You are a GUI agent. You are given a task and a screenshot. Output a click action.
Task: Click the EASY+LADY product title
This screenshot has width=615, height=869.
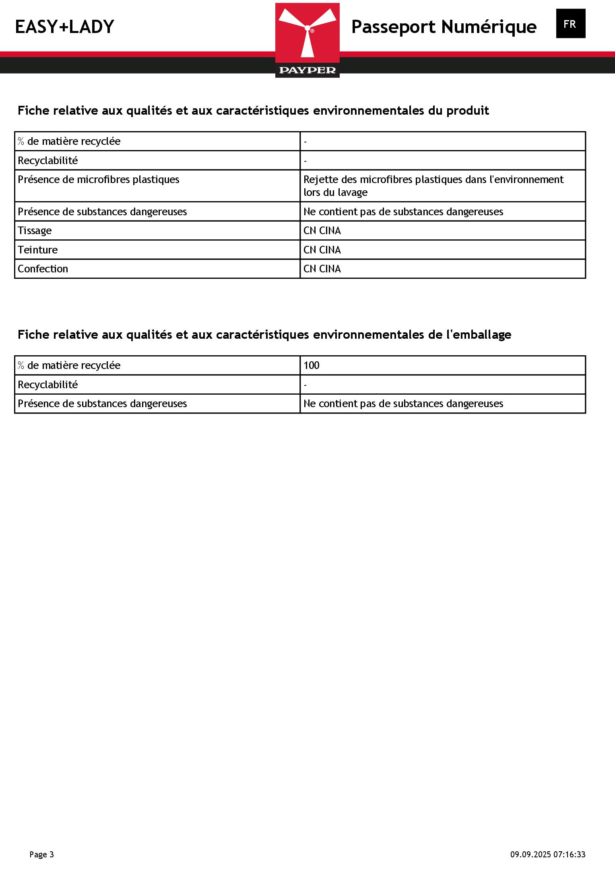(64, 27)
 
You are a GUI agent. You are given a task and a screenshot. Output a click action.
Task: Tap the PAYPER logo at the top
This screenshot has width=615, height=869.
(307, 40)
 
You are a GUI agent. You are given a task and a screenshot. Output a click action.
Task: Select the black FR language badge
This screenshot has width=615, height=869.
(570, 24)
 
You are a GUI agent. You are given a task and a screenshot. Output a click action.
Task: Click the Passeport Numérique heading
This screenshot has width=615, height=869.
(444, 27)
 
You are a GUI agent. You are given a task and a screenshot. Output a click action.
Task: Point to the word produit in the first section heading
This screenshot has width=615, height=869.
(468, 111)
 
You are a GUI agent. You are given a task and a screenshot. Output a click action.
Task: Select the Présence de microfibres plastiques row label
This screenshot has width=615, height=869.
(99, 179)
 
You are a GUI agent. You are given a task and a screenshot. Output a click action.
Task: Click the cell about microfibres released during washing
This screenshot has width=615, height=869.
(433, 186)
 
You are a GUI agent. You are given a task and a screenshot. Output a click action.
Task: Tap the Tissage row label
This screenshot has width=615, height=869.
(35, 231)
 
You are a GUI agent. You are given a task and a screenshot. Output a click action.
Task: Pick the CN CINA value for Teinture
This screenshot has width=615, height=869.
(322, 250)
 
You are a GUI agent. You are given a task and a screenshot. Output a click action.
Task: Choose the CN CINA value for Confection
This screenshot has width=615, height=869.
(322, 269)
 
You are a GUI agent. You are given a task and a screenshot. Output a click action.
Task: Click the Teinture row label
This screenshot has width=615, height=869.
(38, 250)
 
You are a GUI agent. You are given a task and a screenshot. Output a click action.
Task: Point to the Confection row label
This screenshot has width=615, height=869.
(43, 269)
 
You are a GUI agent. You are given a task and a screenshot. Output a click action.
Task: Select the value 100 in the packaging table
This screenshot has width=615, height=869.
(312, 365)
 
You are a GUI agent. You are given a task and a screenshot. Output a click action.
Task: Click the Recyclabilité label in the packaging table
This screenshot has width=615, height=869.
(48, 385)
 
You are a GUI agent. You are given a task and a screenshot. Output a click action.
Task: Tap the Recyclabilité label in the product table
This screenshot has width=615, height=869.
(48, 161)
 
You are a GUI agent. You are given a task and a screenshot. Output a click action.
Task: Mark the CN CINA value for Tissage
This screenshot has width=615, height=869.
(322, 231)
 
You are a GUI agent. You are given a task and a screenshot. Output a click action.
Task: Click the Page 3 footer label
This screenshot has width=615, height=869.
(41, 855)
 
